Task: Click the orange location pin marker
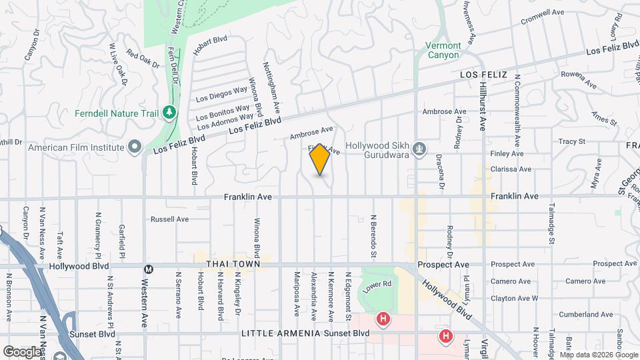[320, 160]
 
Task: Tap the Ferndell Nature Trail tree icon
[170, 113]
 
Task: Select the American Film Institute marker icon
[135, 147]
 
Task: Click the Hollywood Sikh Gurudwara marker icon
[419, 147]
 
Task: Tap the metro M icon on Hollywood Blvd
[149, 269]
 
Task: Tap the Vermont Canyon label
[443, 51]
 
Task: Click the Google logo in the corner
[22, 351]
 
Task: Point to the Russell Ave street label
[170, 219]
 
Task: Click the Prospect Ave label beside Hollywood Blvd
[443, 265]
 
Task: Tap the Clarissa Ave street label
[510, 169]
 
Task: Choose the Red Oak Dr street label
[143, 61]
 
